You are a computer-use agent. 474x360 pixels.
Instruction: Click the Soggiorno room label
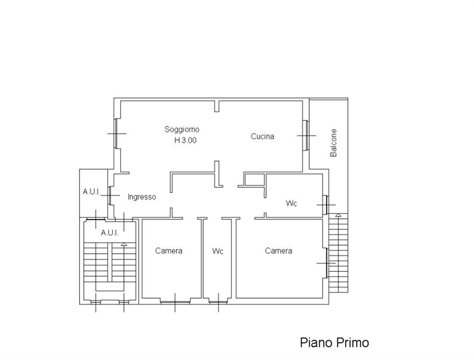(x=182, y=129)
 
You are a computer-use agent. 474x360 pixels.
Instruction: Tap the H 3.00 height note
(x=185, y=140)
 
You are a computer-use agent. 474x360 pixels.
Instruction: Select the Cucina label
(x=262, y=136)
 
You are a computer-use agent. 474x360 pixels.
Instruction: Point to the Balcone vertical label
(x=333, y=143)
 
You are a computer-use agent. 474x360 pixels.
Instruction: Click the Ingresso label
(x=142, y=197)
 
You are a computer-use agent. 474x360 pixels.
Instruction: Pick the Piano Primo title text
(x=334, y=343)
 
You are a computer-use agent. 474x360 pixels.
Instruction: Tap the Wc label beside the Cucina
(x=291, y=203)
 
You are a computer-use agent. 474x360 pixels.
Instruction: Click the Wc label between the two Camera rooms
(x=218, y=251)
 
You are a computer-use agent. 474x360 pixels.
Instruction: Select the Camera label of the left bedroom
(x=169, y=251)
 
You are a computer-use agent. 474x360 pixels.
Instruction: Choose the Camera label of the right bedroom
(x=278, y=251)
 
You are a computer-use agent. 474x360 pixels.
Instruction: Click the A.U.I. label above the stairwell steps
(x=109, y=233)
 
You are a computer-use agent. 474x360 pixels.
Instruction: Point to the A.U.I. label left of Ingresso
(x=91, y=192)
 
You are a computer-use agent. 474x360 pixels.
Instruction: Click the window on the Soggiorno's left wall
(x=116, y=134)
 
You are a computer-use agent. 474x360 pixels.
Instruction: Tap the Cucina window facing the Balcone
(x=306, y=135)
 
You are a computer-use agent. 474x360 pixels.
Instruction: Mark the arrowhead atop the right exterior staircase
(x=338, y=216)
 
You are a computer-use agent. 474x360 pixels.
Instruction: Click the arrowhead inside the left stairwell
(x=124, y=244)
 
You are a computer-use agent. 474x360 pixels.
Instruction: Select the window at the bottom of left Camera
(x=176, y=301)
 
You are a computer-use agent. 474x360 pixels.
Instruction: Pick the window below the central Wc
(x=218, y=301)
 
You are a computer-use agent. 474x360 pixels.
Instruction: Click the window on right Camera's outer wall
(x=327, y=263)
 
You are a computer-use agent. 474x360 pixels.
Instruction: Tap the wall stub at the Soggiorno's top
(x=217, y=106)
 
